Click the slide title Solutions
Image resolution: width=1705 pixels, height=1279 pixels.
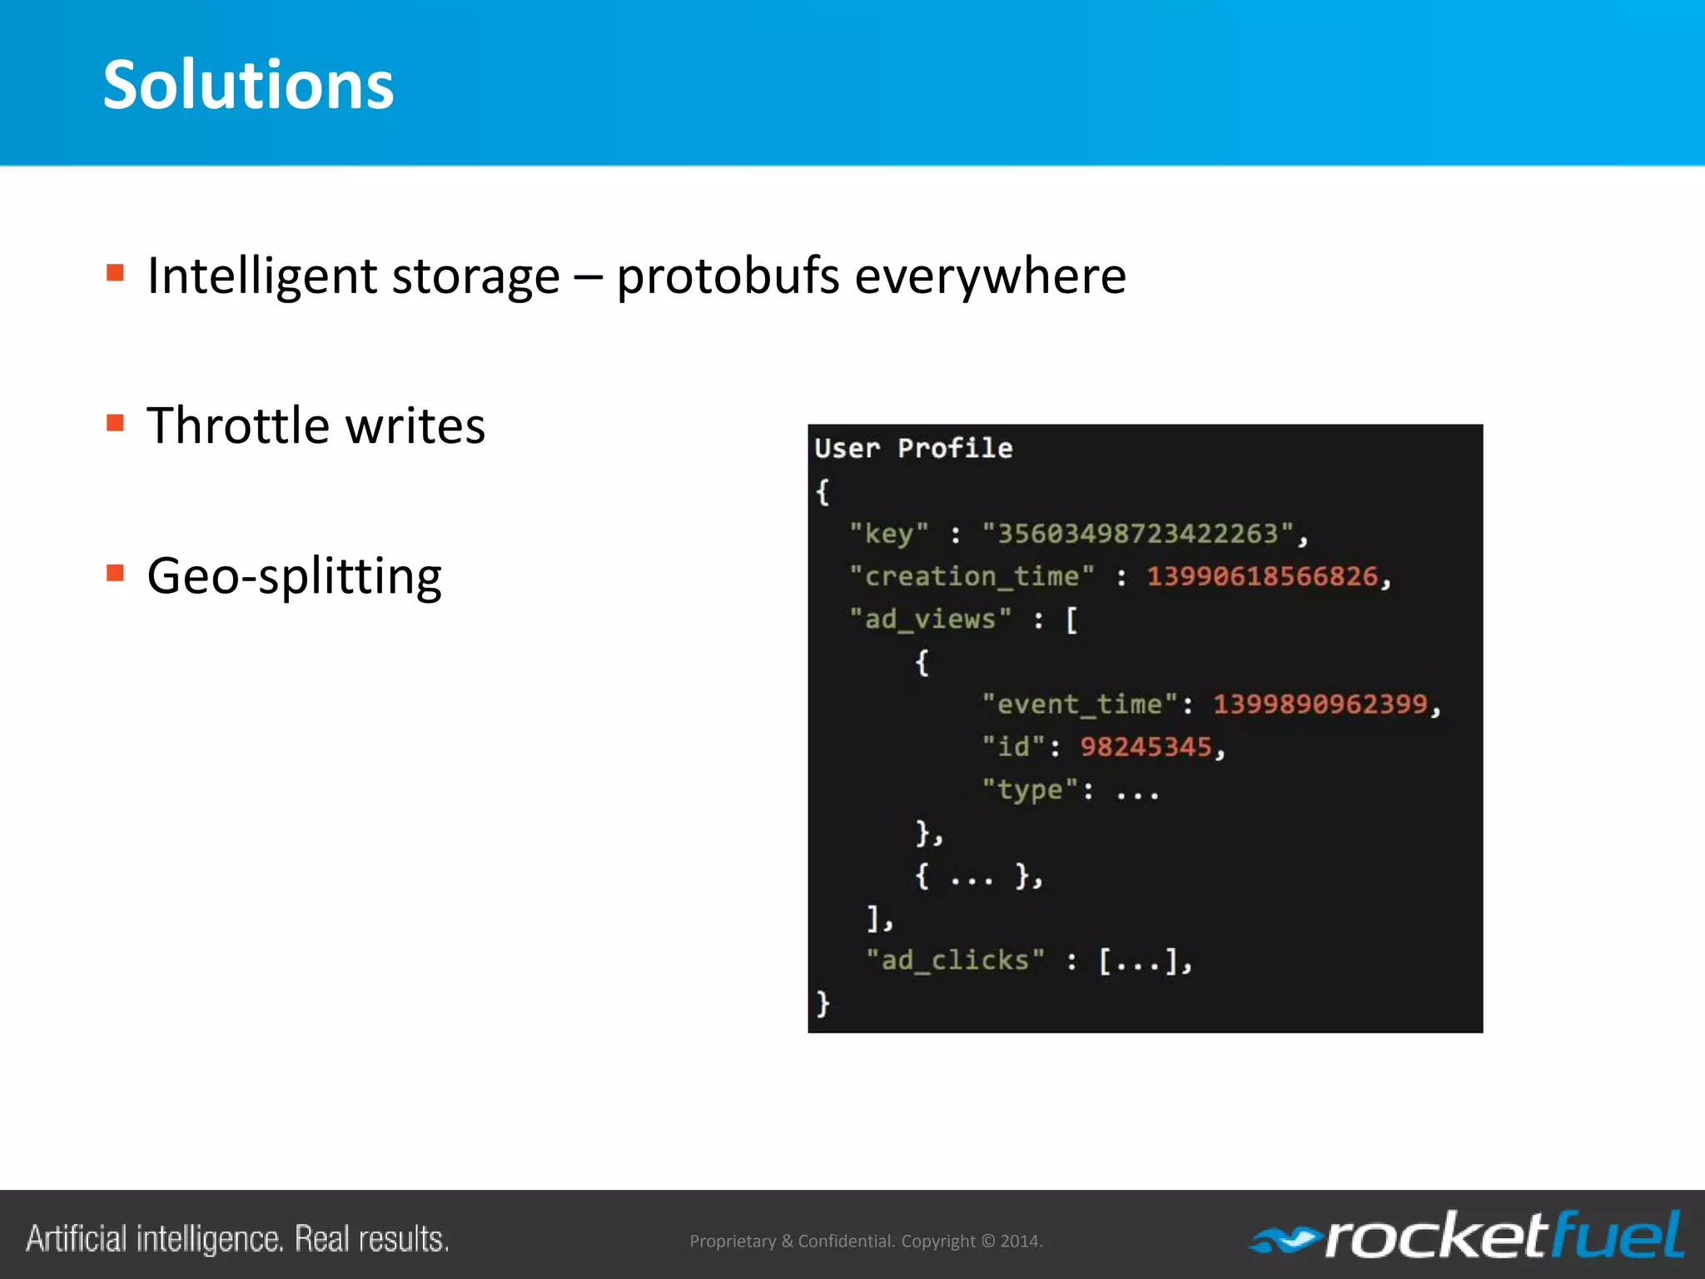[x=248, y=85]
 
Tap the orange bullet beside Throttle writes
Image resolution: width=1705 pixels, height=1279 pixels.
[x=116, y=423]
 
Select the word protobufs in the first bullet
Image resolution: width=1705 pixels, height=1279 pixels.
[x=728, y=276]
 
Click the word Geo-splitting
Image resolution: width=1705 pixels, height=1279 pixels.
[x=294, y=576]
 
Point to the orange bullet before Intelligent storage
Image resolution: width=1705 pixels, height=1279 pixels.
[x=116, y=273]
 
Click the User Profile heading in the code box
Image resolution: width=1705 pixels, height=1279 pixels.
[x=913, y=449]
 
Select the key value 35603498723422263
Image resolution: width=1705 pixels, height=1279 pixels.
[x=1137, y=534]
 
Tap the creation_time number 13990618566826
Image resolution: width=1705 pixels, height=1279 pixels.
[x=1262, y=576]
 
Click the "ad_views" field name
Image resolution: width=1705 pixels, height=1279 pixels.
[x=930, y=620]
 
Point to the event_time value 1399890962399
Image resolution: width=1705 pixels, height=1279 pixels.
[x=1320, y=704]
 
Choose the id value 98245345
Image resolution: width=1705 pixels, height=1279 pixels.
[x=1146, y=747]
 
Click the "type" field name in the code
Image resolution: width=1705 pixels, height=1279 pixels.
[x=1030, y=789]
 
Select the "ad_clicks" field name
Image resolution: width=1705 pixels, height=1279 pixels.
[x=955, y=961]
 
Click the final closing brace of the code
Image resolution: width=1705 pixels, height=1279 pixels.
[x=823, y=1003]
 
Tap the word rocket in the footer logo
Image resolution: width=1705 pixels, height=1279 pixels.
[x=1435, y=1237]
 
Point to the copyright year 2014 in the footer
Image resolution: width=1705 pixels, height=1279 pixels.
[x=1020, y=1242]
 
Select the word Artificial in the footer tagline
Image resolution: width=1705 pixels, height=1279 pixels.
[x=77, y=1239]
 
